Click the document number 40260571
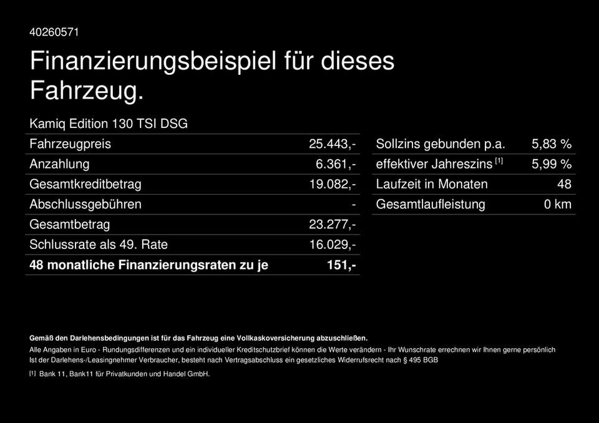click(54, 32)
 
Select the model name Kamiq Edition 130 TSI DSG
click(109, 123)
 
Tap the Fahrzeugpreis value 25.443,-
click(333, 143)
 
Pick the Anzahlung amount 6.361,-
click(336, 164)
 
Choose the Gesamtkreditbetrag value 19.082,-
click(333, 184)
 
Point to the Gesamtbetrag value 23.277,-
click(333, 225)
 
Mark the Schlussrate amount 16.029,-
click(333, 245)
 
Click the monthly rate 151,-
click(341, 265)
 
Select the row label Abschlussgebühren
click(85, 204)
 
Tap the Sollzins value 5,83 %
click(551, 143)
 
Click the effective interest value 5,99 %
click(551, 164)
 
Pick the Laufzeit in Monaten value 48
click(564, 184)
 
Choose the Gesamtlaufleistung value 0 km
click(557, 204)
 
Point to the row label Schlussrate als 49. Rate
click(99, 245)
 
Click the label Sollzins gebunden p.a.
click(439, 143)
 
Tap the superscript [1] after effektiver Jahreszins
click(499, 162)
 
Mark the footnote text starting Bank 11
click(124, 374)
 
